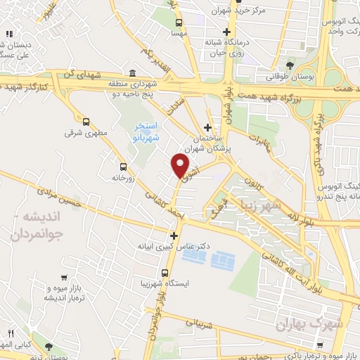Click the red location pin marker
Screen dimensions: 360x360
[180, 166]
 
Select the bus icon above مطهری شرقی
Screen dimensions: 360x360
[86, 121]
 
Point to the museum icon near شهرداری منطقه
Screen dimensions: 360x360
[132, 73]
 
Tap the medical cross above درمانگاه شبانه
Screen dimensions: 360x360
[226, 32]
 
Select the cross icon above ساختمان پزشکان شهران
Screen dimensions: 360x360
[207, 127]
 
